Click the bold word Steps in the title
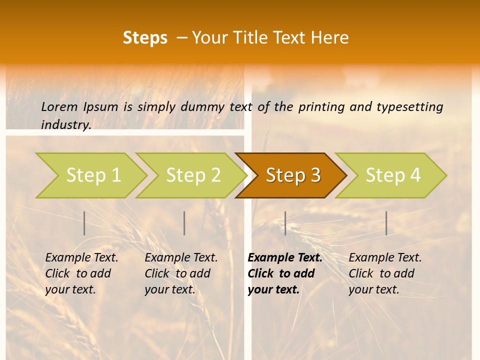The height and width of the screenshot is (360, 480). [145, 38]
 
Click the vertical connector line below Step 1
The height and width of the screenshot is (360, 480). [84, 223]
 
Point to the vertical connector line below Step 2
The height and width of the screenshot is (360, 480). [184, 223]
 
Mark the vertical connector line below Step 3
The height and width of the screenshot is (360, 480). [285, 223]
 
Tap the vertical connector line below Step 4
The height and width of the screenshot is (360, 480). [386, 223]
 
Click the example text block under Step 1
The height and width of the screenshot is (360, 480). [81, 273]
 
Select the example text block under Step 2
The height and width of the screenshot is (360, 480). [181, 273]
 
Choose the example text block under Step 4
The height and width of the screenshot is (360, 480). [385, 273]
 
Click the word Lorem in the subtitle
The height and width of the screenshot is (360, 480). [59, 106]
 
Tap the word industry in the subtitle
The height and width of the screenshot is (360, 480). [66, 124]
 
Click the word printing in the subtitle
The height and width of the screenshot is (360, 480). [320, 106]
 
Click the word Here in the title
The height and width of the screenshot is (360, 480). [330, 38]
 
